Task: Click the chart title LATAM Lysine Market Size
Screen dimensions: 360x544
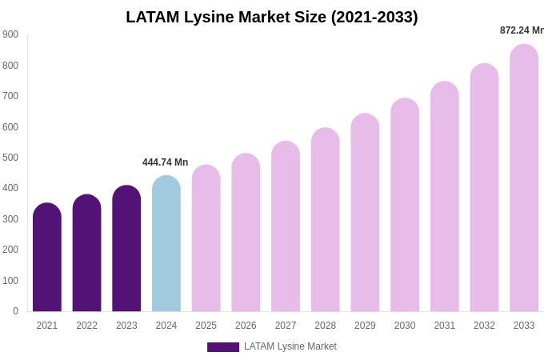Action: (x=272, y=17)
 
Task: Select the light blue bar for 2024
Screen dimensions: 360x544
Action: (x=166, y=244)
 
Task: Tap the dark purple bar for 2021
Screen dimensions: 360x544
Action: (x=47, y=258)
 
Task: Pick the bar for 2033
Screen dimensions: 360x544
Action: (x=524, y=178)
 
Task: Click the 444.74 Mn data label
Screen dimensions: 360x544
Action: (x=166, y=162)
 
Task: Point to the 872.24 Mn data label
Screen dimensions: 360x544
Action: (x=522, y=30)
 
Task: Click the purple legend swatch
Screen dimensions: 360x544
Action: (x=222, y=347)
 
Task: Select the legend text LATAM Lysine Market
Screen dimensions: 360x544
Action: (x=290, y=346)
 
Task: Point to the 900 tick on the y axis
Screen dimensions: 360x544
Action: (x=10, y=34)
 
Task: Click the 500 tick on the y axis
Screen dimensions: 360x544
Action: (x=10, y=158)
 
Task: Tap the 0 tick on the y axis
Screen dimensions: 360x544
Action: (x=15, y=311)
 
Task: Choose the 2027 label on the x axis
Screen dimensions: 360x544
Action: (x=286, y=326)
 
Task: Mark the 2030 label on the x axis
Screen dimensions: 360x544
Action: (x=405, y=326)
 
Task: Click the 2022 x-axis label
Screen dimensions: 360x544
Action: (x=86, y=326)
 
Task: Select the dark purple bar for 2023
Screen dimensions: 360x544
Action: (x=126, y=249)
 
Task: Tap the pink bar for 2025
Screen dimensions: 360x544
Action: (x=206, y=238)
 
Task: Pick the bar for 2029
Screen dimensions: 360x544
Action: (x=365, y=213)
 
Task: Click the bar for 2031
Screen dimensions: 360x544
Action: (x=445, y=197)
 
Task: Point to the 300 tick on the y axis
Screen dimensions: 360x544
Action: (x=10, y=219)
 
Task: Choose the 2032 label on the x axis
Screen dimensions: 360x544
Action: (x=484, y=326)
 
